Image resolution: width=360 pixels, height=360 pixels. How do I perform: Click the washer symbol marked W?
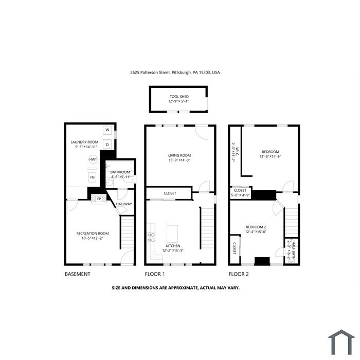[107, 130]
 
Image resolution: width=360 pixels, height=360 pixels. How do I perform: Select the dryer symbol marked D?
[107, 145]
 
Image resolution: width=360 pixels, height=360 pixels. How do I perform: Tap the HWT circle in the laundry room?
[93, 159]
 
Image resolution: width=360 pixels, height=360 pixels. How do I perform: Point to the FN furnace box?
[92, 177]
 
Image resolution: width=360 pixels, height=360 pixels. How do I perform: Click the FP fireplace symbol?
[99, 199]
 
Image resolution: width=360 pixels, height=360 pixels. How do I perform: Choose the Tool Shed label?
[179, 97]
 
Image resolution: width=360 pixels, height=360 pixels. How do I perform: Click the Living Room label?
[179, 155]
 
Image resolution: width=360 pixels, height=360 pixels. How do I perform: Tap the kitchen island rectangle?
[172, 233]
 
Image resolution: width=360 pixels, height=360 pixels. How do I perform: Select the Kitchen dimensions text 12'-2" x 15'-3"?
[173, 251]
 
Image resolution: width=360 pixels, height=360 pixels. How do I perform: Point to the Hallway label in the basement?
[124, 204]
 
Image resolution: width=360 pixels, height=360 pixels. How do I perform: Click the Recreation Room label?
[93, 233]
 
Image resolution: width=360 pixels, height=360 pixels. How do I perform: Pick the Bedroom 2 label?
[256, 227]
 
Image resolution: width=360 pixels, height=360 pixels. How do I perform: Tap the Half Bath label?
[294, 247]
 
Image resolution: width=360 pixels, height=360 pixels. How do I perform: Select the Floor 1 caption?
[155, 274]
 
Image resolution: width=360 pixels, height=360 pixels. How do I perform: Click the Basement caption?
[78, 274]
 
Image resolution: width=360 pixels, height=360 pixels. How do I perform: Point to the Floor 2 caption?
[239, 274]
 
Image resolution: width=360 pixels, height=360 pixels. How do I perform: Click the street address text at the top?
[175, 73]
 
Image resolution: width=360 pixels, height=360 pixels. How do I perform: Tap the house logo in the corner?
[341, 342]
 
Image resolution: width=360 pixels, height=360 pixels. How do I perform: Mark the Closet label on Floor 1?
[170, 193]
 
